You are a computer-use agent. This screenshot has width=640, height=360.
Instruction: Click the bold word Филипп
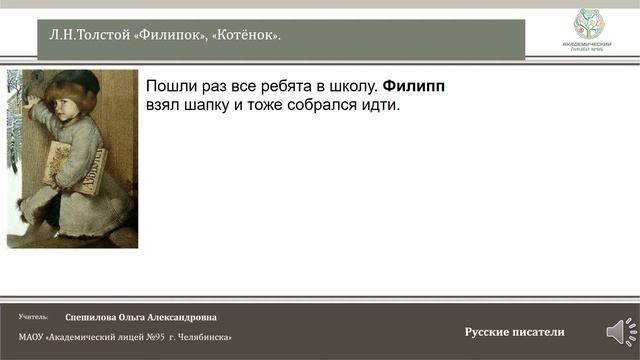(x=413, y=85)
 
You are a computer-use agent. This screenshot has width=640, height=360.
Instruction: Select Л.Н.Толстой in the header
(x=90, y=36)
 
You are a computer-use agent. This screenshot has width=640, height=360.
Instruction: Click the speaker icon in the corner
(x=616, y=331)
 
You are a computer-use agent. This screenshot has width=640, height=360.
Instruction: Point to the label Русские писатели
(x=514, y=332)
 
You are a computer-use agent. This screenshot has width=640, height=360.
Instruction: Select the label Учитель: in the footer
(x=33, y=316)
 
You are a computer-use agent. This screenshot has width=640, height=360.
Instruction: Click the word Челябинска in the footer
(x=206, y=337)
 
